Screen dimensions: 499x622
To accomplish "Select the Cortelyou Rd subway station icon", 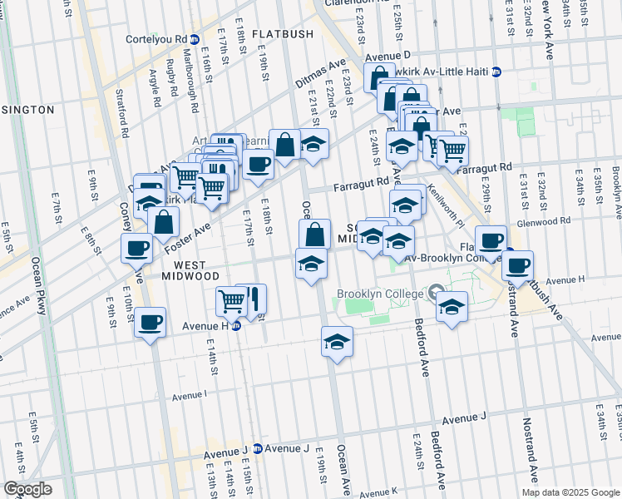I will coord(195,38).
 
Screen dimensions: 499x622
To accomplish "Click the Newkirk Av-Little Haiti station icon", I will coord(496,72).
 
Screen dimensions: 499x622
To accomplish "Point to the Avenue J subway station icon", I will coord(257,448).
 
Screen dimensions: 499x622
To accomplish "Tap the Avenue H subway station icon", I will coord(236,326).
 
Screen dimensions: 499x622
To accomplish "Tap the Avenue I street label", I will coord(190,398).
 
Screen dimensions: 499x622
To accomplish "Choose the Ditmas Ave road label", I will coord(319,75).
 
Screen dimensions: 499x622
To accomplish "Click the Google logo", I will coord(27,489).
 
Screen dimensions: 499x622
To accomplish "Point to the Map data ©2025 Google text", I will coord(570,492).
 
